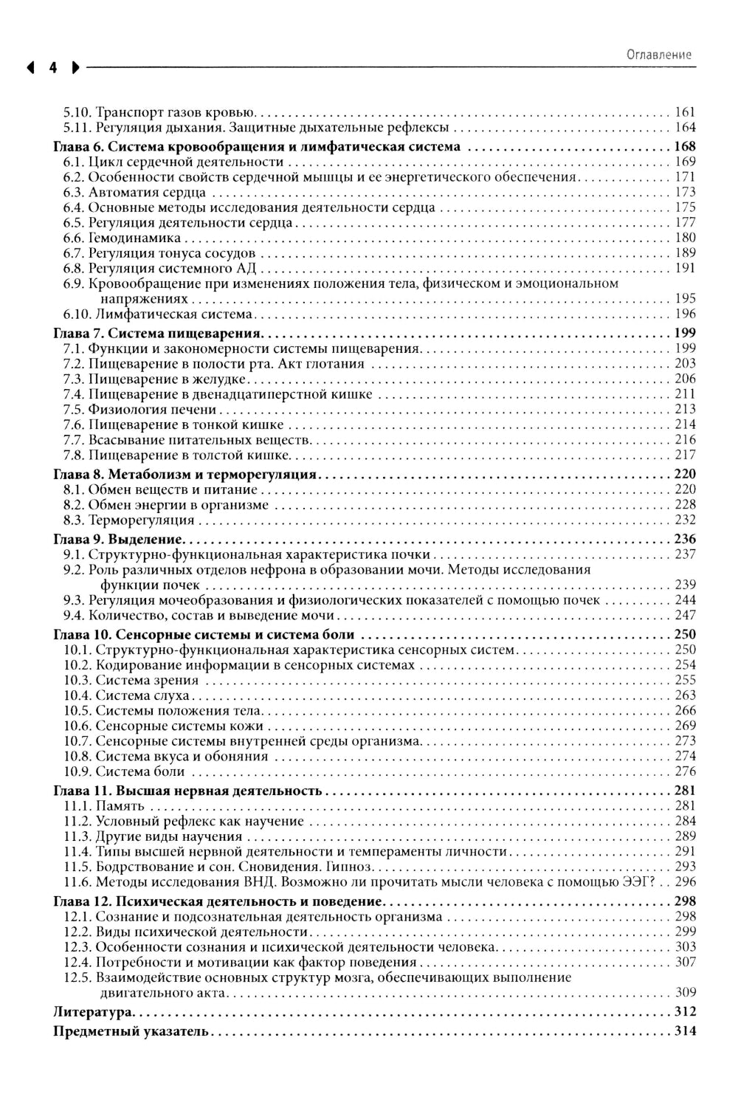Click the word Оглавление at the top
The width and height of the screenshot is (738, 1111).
click(x=658, y=54)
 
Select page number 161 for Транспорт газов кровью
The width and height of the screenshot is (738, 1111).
click(x=686, y=112)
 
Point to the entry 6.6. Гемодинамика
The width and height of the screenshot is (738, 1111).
click(x=122, y=238)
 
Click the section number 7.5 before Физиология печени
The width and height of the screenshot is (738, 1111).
click(x=74, y=409)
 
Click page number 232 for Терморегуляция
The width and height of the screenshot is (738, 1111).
click(x=686, y=520)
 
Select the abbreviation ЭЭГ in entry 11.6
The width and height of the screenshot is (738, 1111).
click(x=638, y=881)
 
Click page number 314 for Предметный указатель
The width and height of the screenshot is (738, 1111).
click(x=686, y=1031)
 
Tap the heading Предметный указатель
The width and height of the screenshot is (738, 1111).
click(x=131, y=1031)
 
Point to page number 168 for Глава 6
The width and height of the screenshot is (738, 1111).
click(x=686, y=146)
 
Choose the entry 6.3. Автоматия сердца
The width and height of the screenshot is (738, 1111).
click(x=134, y=192)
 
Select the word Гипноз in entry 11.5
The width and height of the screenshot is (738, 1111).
click(x=351, y=867)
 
